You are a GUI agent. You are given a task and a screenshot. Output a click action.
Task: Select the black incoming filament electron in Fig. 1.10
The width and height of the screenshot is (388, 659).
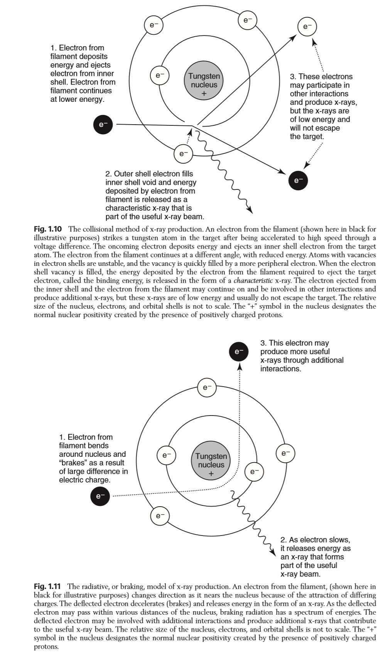click(x=103, y=125)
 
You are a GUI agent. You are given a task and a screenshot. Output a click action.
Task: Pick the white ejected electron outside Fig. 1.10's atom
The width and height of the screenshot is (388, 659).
click(x=307, y=27)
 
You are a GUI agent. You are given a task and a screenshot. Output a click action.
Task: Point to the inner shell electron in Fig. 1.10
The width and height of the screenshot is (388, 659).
click(x=160, y=76)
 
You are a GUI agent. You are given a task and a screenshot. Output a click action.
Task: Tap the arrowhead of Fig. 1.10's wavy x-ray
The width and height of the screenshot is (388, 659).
click(x=250, y=211)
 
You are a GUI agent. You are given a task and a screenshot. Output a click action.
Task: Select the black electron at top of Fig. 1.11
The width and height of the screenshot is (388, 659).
click(x=239, y=351)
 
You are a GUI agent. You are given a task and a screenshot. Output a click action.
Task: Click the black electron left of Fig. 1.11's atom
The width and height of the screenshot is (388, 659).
click(x=100, y=496)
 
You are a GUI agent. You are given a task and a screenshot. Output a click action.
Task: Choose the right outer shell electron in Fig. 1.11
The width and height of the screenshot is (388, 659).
click(x=285, y=453)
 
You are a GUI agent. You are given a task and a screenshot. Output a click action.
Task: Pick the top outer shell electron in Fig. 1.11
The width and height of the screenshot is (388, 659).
click(x=207, y=387)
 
